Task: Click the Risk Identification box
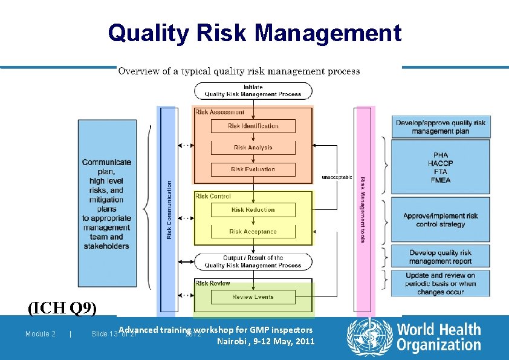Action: click(253, 126)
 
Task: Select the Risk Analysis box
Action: click(253, 148)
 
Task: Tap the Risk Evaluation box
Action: click(253, 169)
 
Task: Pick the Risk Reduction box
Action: click(253, 210)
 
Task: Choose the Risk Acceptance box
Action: click(253, 231)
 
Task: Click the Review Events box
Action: click(253, 297)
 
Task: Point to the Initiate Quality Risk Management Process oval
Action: click(253, 91)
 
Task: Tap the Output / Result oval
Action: click(253, 261)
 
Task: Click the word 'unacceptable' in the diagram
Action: click(337, 177)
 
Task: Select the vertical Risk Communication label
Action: click(169, 209)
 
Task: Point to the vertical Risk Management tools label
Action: click(363, 209)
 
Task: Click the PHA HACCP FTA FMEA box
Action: click(440, 168)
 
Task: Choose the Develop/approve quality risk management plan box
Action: click(440, 127)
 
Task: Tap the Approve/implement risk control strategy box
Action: click(440, 220)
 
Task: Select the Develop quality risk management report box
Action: click(440, 257)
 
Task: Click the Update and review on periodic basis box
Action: click(440, 283)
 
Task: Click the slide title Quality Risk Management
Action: click(254, 33)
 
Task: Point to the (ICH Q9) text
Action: click(62, 309)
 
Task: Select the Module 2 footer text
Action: click(41, 334)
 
